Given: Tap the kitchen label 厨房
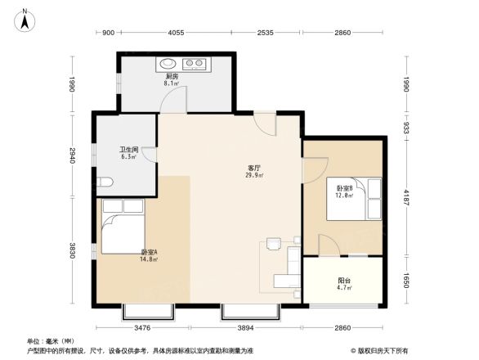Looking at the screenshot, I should [x=171, y=76].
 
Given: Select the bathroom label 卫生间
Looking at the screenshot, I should [x=128, y=150].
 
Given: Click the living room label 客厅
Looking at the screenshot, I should [x=253, y=168].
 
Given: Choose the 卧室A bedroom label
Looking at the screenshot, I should [x=149, y=252].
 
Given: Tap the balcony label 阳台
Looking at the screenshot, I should [x=345, y=279].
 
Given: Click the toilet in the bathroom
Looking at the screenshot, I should [x=103, y=182].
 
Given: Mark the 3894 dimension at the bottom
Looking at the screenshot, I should [x=251, y=328].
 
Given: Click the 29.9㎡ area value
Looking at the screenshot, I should [x=253, y=175].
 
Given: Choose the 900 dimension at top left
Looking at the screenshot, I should [x=107, y=33].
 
